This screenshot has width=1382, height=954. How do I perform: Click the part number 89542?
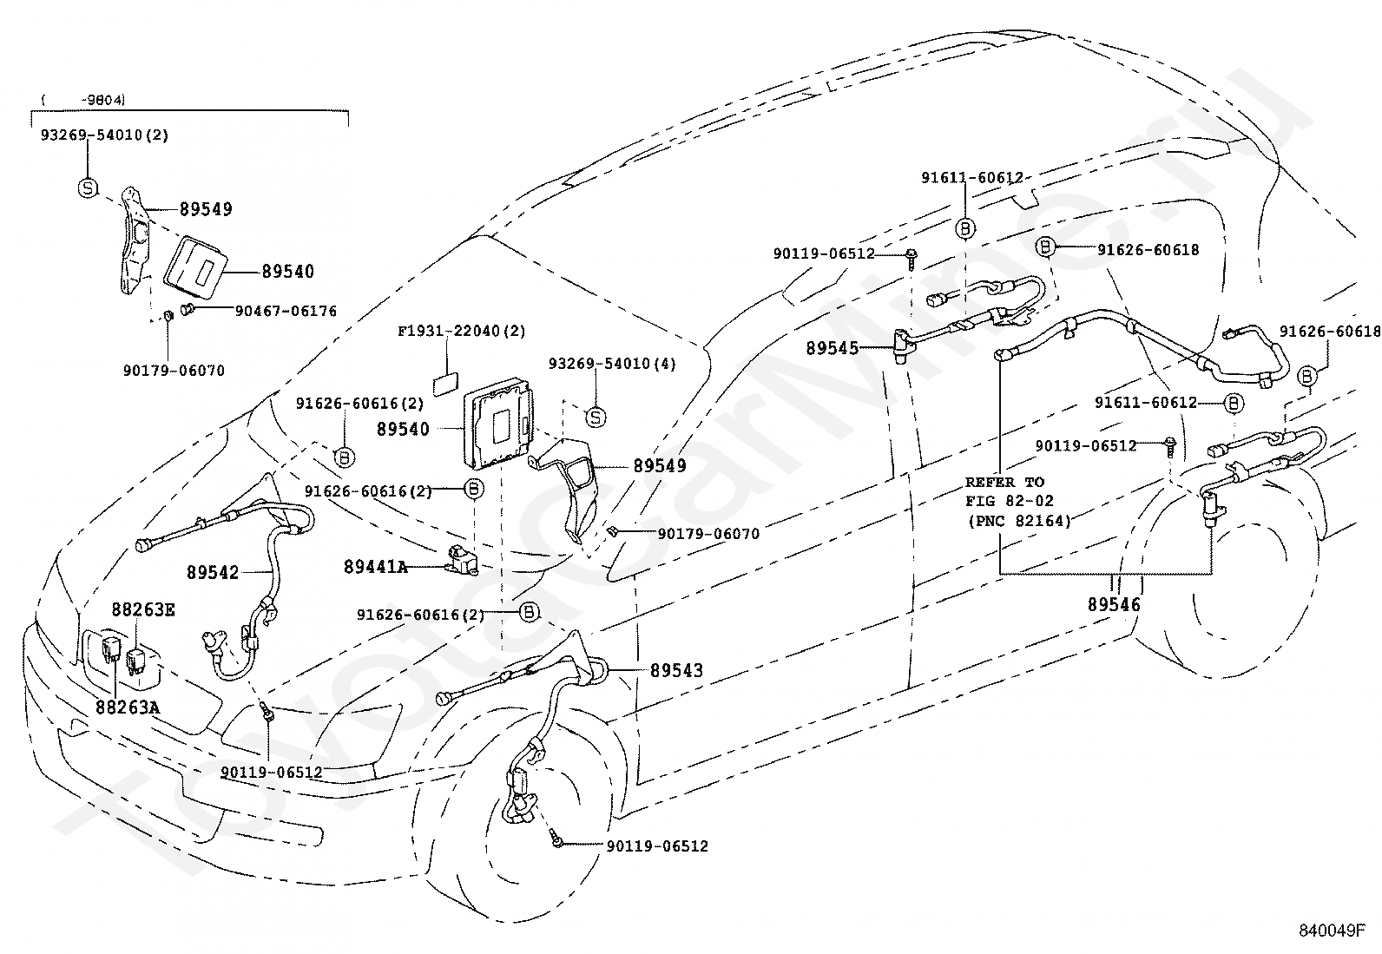tap(212, 572)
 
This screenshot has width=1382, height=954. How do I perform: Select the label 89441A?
tap(376, 567)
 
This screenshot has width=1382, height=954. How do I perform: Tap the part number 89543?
tap(676, 670)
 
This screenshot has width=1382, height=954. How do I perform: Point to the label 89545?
tap(832, 348)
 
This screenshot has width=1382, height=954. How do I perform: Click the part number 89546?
tap(1114, 604)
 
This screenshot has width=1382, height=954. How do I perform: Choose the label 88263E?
tap(143, 609)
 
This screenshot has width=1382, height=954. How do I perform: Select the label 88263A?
tap(128, 707)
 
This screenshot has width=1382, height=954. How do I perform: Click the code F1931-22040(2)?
tap(462, 332)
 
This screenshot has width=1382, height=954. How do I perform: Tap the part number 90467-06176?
tap(286, 311)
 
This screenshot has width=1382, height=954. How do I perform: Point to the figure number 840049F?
tap(1332, 930)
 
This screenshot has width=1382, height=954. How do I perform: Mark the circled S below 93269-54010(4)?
tap(596, 418)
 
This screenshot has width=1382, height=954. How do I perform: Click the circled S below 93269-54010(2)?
tap(89, 188)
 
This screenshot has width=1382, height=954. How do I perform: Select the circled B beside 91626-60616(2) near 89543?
tap(529, 612)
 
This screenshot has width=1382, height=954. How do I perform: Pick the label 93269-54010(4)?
tap(612, 364)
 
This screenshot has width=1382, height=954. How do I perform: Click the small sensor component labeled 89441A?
tap(461, 559)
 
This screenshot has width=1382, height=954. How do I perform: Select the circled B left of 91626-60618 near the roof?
tap(1045, 247)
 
